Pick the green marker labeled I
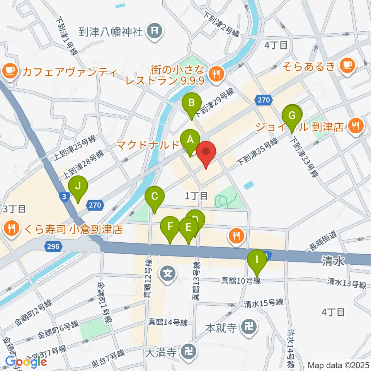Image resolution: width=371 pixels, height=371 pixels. pyautogui.click(x=257, y=262)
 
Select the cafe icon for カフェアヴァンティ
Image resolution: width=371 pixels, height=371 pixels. pyautogui.click(x=10, y=70)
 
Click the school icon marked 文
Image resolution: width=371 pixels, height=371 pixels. pyautogui.click(x=168, y=274)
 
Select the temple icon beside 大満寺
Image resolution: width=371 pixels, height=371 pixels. pyautogui.click(x=189, y=351)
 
